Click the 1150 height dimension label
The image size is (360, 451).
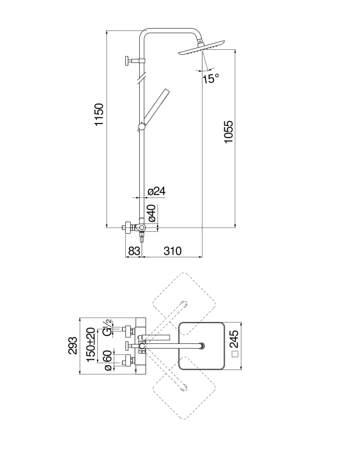click(99, 114)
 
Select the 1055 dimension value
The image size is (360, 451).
click(229, 132)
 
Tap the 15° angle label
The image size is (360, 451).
click(211, 79)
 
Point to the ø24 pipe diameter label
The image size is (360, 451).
click(156, 191)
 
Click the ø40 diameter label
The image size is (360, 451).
click(151, 214)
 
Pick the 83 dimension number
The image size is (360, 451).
click(134, 251)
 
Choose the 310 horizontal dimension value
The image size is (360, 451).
click(172, 251)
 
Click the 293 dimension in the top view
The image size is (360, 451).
click(73, 346)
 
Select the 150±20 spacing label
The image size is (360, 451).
click(91, 345)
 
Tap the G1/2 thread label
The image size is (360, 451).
click(107, 327)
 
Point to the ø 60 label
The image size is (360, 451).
click(107, 361)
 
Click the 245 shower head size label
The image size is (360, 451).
click(234, 339)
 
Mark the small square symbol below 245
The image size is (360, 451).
click(235, 354)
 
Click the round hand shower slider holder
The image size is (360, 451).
click(142, 126)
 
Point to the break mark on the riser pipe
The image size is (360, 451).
click(141, 79)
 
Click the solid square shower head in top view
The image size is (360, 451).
click(201, 346)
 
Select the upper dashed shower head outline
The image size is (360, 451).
click(184, 304)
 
